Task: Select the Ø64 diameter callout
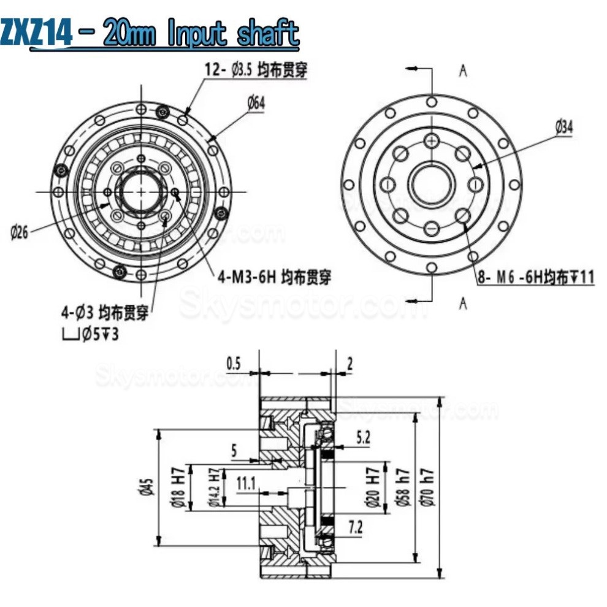click(x=257, y=104)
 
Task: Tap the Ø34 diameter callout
click(x=564, y=128)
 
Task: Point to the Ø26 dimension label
click(x=20, y=234)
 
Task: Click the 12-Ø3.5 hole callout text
click(x=256, y=70)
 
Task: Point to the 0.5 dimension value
click(x=234, y=363)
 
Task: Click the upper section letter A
click(x=464, y=71)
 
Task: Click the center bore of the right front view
click(x=432, y=183)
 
